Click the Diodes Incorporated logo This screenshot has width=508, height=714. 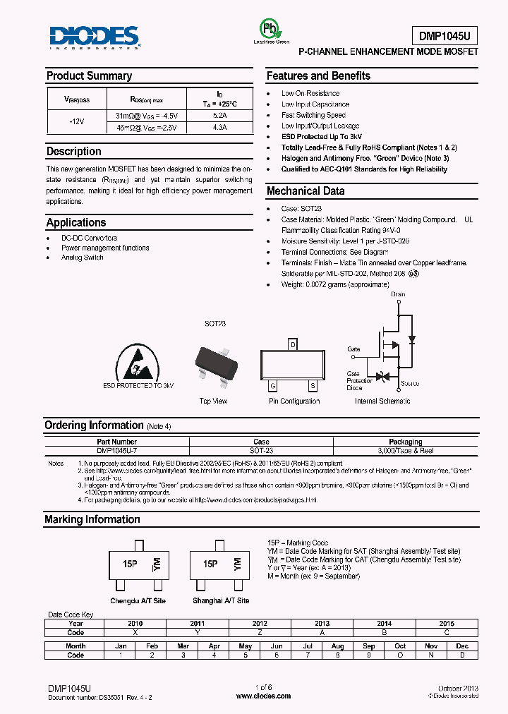click(95, 37)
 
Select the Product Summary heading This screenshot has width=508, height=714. click(89, 76)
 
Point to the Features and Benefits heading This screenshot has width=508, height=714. click(318, 76)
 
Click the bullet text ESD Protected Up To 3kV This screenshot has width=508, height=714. click(322, 136)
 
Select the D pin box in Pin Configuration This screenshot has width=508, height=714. click(293, 345)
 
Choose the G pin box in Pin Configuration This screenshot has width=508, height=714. click(272, 385)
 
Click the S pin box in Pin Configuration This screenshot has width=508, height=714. click(313, 385)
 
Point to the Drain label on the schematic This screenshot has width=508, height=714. click(398, 294)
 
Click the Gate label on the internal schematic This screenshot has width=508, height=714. click(353, 349)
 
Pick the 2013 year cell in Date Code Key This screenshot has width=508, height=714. click(322, 624)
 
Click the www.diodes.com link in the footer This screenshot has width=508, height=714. click(263, 696)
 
